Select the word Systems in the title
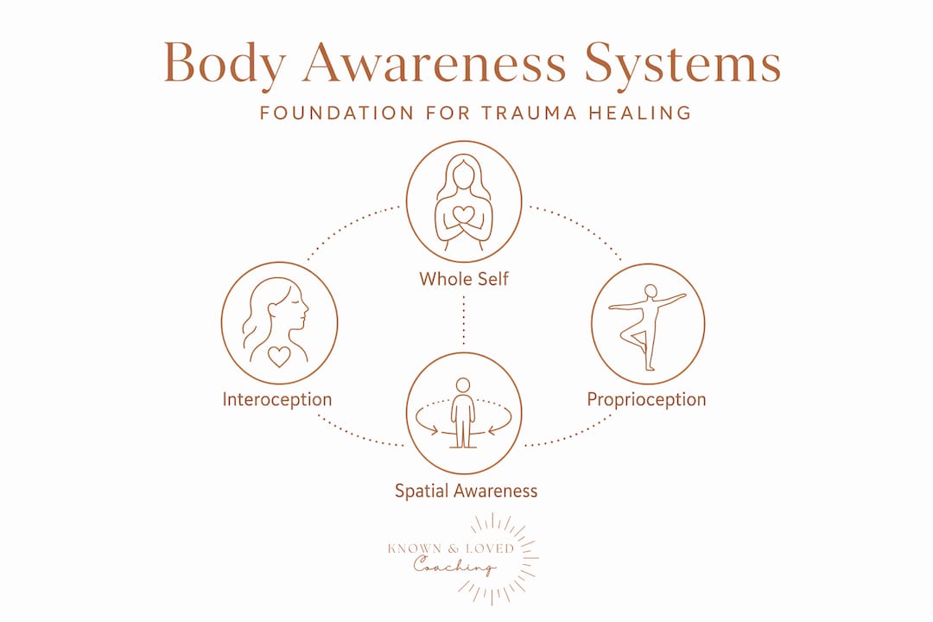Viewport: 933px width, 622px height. tap(682, 63)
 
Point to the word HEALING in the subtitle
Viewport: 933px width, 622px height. tap(640, 112)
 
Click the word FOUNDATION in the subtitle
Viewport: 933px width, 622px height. tap(337, 112)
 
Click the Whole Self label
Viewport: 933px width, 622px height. tap(464, 278)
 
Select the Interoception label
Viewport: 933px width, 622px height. tap(277, 399)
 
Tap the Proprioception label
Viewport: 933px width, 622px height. tap(646, 399)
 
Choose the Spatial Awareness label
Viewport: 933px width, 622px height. tap(466, 491)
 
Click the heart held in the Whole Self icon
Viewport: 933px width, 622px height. tap(464, 215)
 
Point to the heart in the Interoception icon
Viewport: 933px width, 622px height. tap(278, 356)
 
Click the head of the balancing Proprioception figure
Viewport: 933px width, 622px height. tap(651, 291)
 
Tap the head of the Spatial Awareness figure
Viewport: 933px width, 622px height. tap(463, 385)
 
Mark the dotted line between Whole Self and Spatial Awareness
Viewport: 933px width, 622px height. tap(464, 321)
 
